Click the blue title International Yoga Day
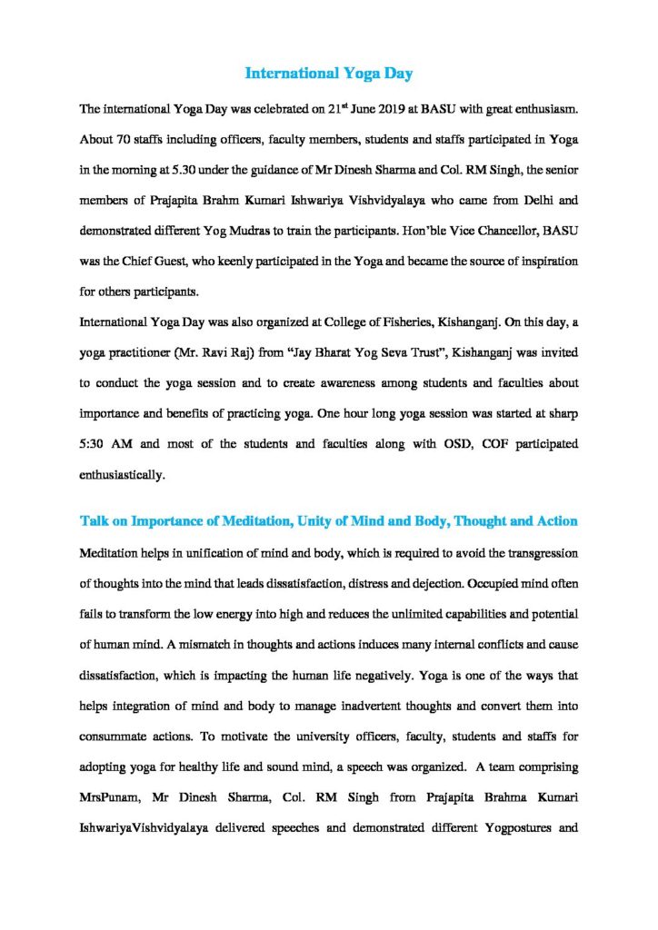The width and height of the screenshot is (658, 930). click(x=329, y=74)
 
